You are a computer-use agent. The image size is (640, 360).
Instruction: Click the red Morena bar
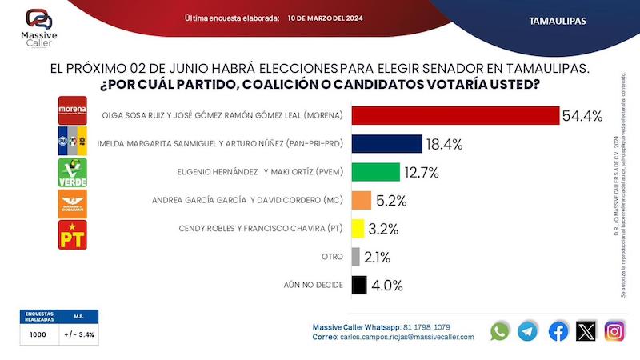click(454, 115)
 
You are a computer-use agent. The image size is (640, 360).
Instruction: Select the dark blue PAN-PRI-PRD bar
click(386, 144)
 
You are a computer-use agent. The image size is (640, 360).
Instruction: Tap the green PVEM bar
click(374, 172)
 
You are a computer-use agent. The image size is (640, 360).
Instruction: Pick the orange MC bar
click(361, 200)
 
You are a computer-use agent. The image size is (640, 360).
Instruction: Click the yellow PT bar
click(357, 228)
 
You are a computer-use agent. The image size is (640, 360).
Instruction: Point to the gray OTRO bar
click(354, 256)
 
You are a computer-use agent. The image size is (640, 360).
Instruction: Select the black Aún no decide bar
click(358, 284)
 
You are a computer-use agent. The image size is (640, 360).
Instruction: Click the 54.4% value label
click(582, 116)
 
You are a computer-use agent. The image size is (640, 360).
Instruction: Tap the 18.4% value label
click(446, 144)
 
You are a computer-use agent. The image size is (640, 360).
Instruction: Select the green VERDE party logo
click(72, 173)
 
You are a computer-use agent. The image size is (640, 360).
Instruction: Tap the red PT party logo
click(72, 234)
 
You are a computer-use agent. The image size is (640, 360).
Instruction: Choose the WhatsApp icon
click(500, 330)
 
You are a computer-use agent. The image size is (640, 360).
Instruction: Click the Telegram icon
click(528, 330)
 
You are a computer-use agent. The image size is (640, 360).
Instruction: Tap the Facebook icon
click(558, 330)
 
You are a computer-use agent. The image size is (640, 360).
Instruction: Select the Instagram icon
click(614, 330)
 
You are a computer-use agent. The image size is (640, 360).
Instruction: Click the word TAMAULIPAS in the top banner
click(558, 20)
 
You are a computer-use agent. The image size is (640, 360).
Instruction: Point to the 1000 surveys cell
click(36, 334)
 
